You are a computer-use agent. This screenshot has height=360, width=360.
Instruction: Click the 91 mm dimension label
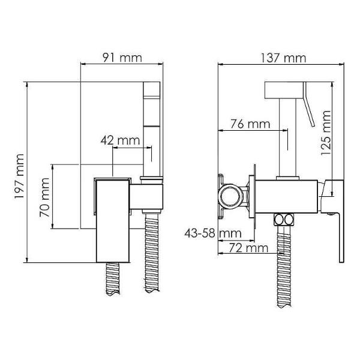122,58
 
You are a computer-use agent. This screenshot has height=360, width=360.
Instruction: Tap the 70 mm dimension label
44,197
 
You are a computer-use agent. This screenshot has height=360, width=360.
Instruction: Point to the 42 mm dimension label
120,140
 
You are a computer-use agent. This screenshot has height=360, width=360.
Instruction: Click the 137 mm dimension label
283,58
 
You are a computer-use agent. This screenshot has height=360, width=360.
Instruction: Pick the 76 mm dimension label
250,124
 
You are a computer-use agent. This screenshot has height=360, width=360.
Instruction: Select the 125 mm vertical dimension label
326,133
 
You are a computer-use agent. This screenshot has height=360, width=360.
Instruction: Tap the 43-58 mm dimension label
213,233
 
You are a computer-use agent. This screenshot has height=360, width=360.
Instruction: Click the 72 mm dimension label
249,248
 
